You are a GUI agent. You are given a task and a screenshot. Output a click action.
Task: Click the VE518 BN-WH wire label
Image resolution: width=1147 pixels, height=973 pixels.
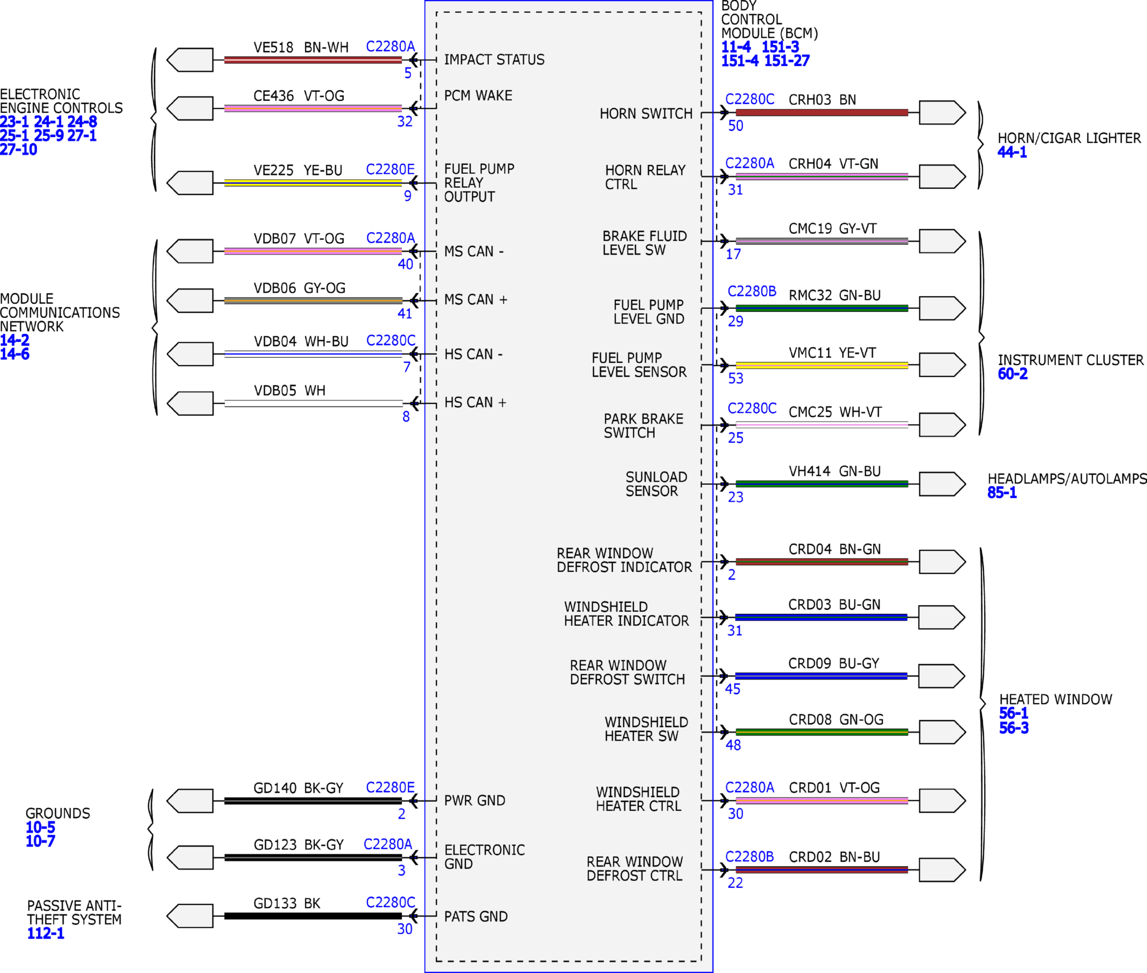point(301,47)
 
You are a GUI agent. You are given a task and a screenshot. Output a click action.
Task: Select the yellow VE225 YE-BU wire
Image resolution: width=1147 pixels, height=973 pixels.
point(313,183)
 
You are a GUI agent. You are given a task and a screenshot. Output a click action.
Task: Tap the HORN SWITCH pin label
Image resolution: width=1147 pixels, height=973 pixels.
point(646,114)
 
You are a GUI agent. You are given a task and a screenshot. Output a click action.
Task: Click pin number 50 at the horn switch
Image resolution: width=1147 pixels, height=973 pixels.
point(735,126)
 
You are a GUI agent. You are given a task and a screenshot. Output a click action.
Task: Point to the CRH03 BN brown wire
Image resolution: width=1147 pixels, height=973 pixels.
point(822,112)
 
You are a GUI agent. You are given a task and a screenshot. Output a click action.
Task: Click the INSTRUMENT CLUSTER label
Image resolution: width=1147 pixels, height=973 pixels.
point(1071,360)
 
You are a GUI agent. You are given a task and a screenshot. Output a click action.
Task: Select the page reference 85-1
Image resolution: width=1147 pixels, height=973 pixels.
point(1002,492)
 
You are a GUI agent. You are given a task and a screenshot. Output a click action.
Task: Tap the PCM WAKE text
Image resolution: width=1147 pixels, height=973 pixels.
point(478,95)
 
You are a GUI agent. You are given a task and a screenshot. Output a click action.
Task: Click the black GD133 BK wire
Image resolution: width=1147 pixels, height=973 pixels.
point(313,916)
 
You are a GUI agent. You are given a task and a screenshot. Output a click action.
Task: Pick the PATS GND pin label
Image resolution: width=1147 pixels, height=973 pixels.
point(476,916)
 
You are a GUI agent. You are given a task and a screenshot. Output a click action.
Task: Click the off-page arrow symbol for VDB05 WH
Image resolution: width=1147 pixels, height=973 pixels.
point(190,403)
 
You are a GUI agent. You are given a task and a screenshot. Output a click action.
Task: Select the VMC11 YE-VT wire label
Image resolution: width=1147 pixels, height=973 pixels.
point(832,353)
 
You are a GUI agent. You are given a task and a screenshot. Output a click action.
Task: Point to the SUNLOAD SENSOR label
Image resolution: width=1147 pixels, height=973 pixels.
point(656,484)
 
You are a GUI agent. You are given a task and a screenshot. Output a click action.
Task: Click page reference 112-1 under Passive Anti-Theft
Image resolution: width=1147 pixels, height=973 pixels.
point(46,933)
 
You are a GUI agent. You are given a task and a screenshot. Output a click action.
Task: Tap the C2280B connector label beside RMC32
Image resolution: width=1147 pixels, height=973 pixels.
point(752,291)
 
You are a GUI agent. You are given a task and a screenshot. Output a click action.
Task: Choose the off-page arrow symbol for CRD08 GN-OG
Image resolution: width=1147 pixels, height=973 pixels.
point(942,732)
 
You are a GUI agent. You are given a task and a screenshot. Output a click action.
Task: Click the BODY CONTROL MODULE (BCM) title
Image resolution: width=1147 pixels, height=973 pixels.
point(770,19)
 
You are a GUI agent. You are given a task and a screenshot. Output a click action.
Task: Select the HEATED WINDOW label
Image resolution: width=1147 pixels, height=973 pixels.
point(1055,700)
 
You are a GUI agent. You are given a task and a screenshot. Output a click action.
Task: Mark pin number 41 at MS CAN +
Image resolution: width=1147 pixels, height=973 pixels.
point(404,313)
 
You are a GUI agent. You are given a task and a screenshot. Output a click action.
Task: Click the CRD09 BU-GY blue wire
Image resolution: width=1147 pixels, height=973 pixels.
point(821,676)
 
